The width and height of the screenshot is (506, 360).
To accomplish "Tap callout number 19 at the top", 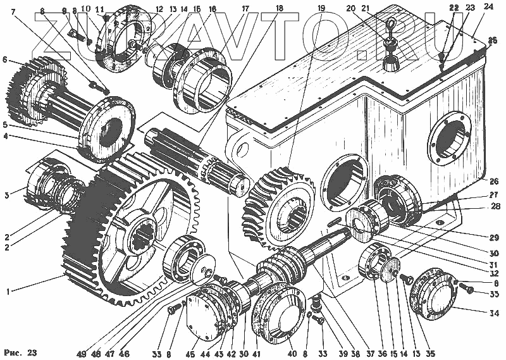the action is pos(321,9).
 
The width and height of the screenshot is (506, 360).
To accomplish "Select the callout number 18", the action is pos(279,9).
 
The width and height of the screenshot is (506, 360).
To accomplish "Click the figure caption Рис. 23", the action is pos(20,352).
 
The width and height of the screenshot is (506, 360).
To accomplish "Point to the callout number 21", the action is pos(383,9).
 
